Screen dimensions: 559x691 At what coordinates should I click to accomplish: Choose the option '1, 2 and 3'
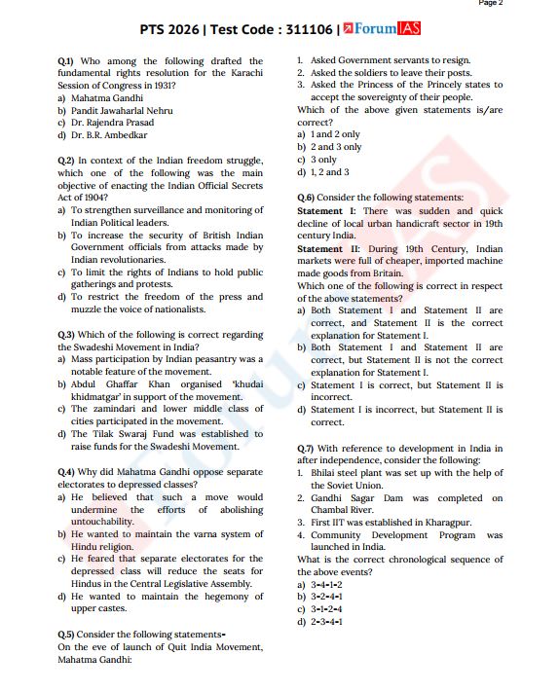[329, 172]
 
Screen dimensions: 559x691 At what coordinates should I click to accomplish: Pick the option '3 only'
[322, 160]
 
